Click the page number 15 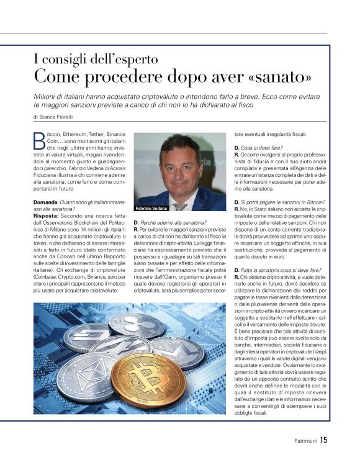[324, 440]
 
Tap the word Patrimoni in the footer [305, 441]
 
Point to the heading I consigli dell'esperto [96, 60]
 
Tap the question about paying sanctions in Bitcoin [280, 202]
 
